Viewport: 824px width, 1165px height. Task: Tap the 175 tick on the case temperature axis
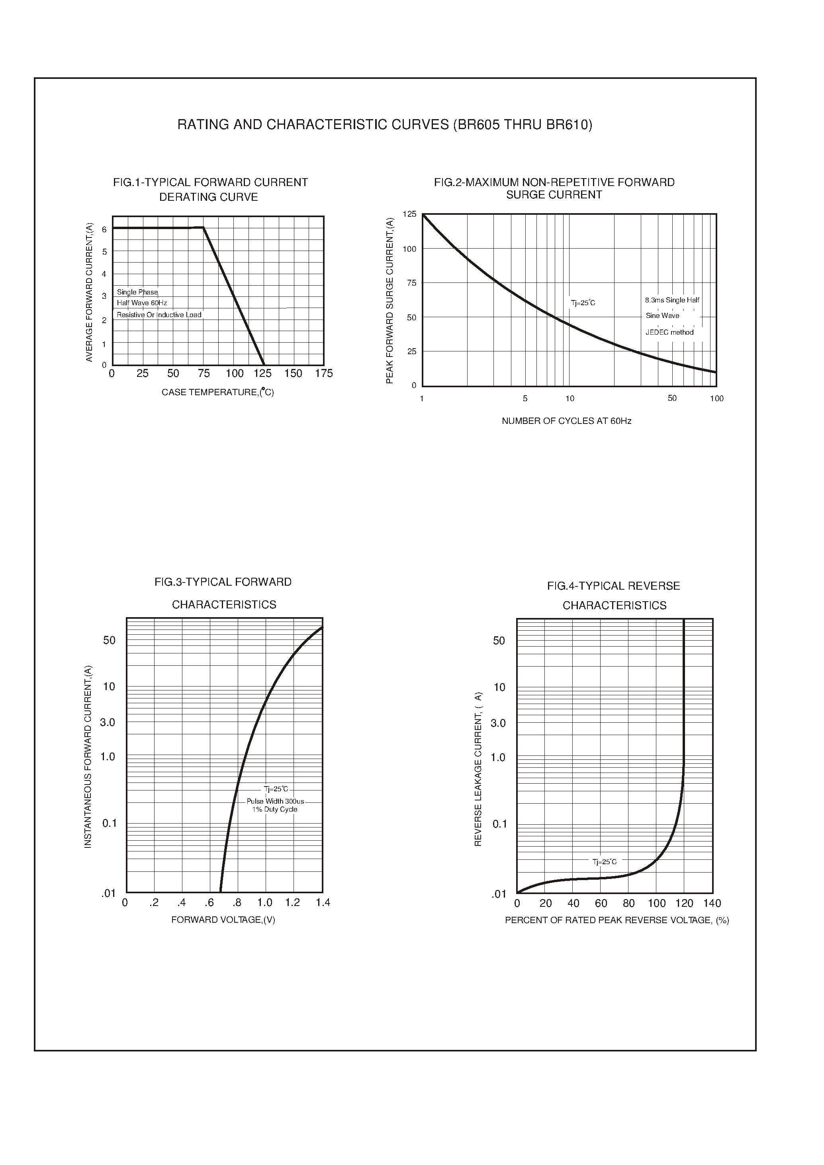tap(324, 374)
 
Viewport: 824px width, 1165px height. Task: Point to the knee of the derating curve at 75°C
tap(204, 228)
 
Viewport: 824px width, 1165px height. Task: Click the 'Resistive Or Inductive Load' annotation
tap(159, 315)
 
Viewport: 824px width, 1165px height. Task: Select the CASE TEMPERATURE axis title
tap(218, 392)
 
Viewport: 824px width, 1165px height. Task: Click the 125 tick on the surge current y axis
tap(409, 214)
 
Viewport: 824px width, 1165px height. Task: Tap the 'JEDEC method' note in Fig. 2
tap(669, 333)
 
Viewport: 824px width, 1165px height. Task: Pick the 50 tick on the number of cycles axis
tap(672, 398)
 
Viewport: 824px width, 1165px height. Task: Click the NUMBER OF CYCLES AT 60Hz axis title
tap(566, 421)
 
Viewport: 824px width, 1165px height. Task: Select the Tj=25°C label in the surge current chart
tap(583, 303)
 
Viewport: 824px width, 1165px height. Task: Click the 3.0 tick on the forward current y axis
tap(108, 722)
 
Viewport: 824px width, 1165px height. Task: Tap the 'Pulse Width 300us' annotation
tap(275, 802)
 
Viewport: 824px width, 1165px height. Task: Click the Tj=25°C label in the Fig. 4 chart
tap(604, 862)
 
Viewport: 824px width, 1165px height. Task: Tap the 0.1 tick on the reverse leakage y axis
tap(500, 824)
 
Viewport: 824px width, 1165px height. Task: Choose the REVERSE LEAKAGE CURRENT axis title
tap(478, 769)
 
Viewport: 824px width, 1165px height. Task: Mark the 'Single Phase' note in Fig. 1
tap(137, 292)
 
